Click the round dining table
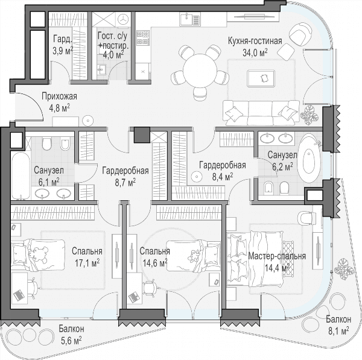coord(200,71)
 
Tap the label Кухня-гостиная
coord(255,41)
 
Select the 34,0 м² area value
coord(255,52)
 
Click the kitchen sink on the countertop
coord(190,19)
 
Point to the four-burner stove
coord(143,37)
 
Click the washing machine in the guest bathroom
coord(123,19)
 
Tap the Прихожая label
coord(59,96)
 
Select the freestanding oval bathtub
coord(309,159)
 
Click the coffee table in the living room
coord(261,78)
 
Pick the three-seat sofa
coord(261,113)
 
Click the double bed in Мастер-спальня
coord(255,259)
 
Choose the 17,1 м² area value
coord(87,263)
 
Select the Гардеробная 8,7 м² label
coord(125,177)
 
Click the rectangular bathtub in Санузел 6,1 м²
coord(21,175)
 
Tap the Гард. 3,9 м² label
coord(63,45)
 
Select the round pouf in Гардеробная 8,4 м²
coord(197,177)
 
